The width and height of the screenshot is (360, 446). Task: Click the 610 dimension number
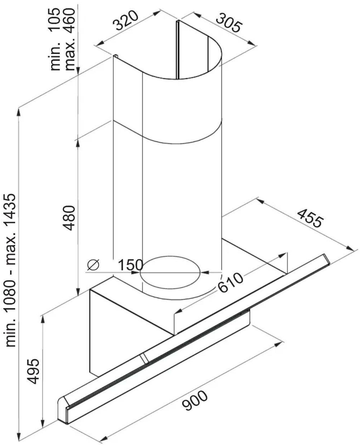[230, 282]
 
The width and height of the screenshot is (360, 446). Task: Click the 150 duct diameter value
[131, 265]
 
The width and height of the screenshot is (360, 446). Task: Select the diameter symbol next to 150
[93, 265]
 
